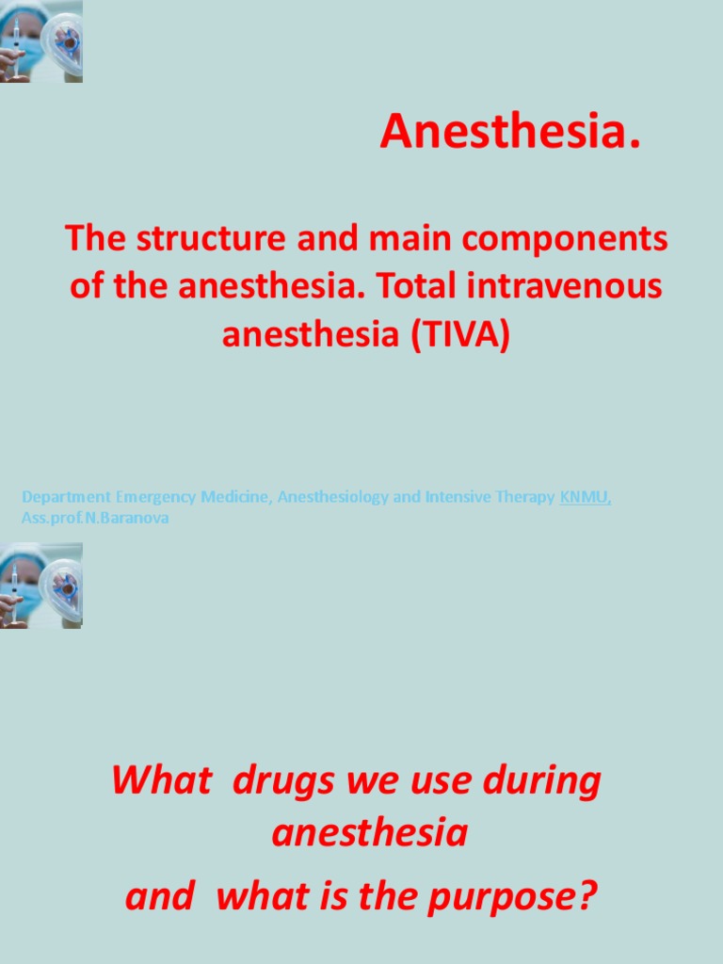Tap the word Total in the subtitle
coord(416,287)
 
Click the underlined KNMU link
coord(585,497)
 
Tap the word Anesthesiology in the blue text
coord(332,497)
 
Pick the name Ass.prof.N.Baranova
coord(95,519)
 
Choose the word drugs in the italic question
coord(277,781)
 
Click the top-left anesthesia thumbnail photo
coord(41,41)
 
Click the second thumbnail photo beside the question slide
coord(41,585)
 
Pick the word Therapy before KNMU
coord(523,497)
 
